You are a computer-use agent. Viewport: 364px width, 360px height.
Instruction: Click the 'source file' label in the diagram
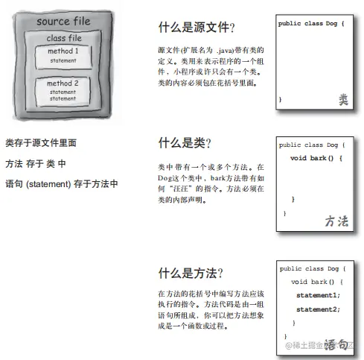click(x=63, y=22)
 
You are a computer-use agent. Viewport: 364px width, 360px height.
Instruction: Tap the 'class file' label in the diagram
click(x=64, y=38)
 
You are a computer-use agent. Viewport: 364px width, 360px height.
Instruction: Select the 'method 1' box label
click(x=63, y=51)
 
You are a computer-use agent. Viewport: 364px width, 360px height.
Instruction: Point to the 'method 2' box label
click(x=63, y=83)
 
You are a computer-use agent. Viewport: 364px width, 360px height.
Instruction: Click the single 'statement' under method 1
click(x=63, y=60)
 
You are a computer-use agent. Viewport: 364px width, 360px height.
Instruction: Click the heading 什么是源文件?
click(x=197, y=27)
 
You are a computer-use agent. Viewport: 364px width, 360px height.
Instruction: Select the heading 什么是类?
click(x=185, y=143)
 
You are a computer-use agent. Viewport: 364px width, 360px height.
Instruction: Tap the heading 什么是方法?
click(x=191, y=273)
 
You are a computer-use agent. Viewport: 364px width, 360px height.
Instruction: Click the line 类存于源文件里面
click(x=41, y=143)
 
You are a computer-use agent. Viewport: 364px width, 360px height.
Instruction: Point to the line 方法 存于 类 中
click(x=36, y=164)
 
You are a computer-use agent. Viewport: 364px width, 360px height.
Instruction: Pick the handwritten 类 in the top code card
click(x=343, y=100)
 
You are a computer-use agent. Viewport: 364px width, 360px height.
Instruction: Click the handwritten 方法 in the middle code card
click(x=336, y=221)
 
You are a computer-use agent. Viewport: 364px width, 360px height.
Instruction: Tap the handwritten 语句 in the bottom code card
click(x=336, y=344)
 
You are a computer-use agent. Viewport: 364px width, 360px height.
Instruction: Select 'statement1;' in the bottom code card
click(x=318, y=295)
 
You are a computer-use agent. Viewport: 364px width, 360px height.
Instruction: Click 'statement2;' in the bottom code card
click(x=318, y=309)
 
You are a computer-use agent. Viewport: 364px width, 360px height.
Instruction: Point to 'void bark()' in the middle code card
click(x=312, y=158)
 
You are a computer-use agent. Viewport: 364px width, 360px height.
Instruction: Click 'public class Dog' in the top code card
click(x=307, y=23)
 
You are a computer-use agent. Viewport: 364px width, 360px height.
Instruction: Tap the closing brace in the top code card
click(x=280, y=99)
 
